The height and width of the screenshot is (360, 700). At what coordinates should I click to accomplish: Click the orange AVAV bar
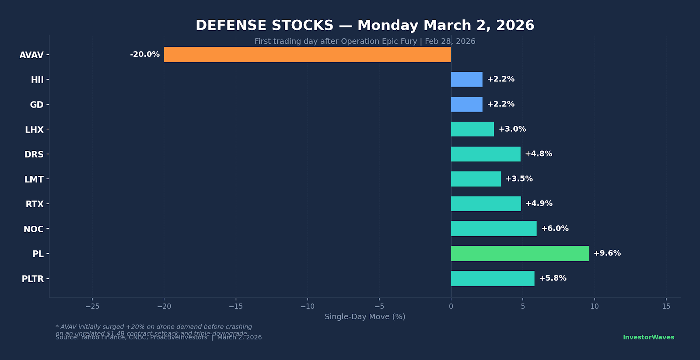[307, 55]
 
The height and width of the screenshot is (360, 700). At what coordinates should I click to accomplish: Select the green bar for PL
[520, 253]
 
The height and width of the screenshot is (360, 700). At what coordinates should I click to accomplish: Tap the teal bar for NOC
[493, 228]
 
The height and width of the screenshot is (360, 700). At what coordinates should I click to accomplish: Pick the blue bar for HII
[466, 79]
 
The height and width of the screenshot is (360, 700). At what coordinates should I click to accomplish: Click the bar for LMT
[476, 179]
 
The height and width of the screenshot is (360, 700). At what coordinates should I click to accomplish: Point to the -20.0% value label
[145, 55]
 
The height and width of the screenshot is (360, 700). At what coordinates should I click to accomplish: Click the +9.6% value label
[607, 253]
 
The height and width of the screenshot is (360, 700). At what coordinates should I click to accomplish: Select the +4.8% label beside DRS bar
[539, 154]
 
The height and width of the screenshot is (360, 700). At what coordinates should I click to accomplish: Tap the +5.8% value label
[553, 278]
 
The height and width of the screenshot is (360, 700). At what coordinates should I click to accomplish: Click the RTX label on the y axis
[35, 204]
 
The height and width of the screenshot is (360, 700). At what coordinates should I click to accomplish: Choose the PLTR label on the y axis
[33, 279]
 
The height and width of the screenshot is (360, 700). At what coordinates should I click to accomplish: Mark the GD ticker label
[37, 105]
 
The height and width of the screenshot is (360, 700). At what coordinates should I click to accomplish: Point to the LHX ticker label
[34, 130]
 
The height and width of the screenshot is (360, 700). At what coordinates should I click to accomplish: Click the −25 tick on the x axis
[92, 306]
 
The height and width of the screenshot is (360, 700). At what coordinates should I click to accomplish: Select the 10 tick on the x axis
[595, 306]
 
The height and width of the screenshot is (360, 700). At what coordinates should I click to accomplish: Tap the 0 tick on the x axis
[451, 306]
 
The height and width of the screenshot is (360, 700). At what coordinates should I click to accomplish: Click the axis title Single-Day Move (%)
[365, 317]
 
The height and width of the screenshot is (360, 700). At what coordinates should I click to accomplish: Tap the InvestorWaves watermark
[648, 337]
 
